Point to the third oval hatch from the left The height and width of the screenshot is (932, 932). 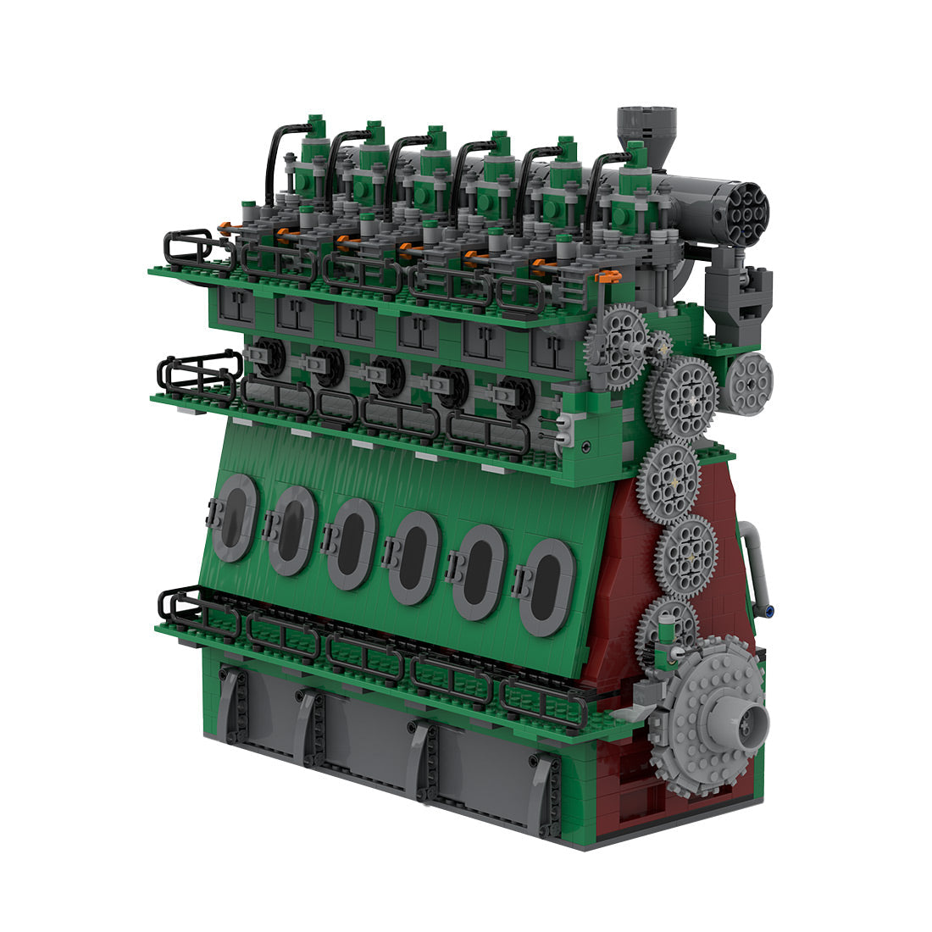(x=352, y=543)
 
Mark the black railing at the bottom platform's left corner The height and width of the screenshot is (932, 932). (x=182, y=606)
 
